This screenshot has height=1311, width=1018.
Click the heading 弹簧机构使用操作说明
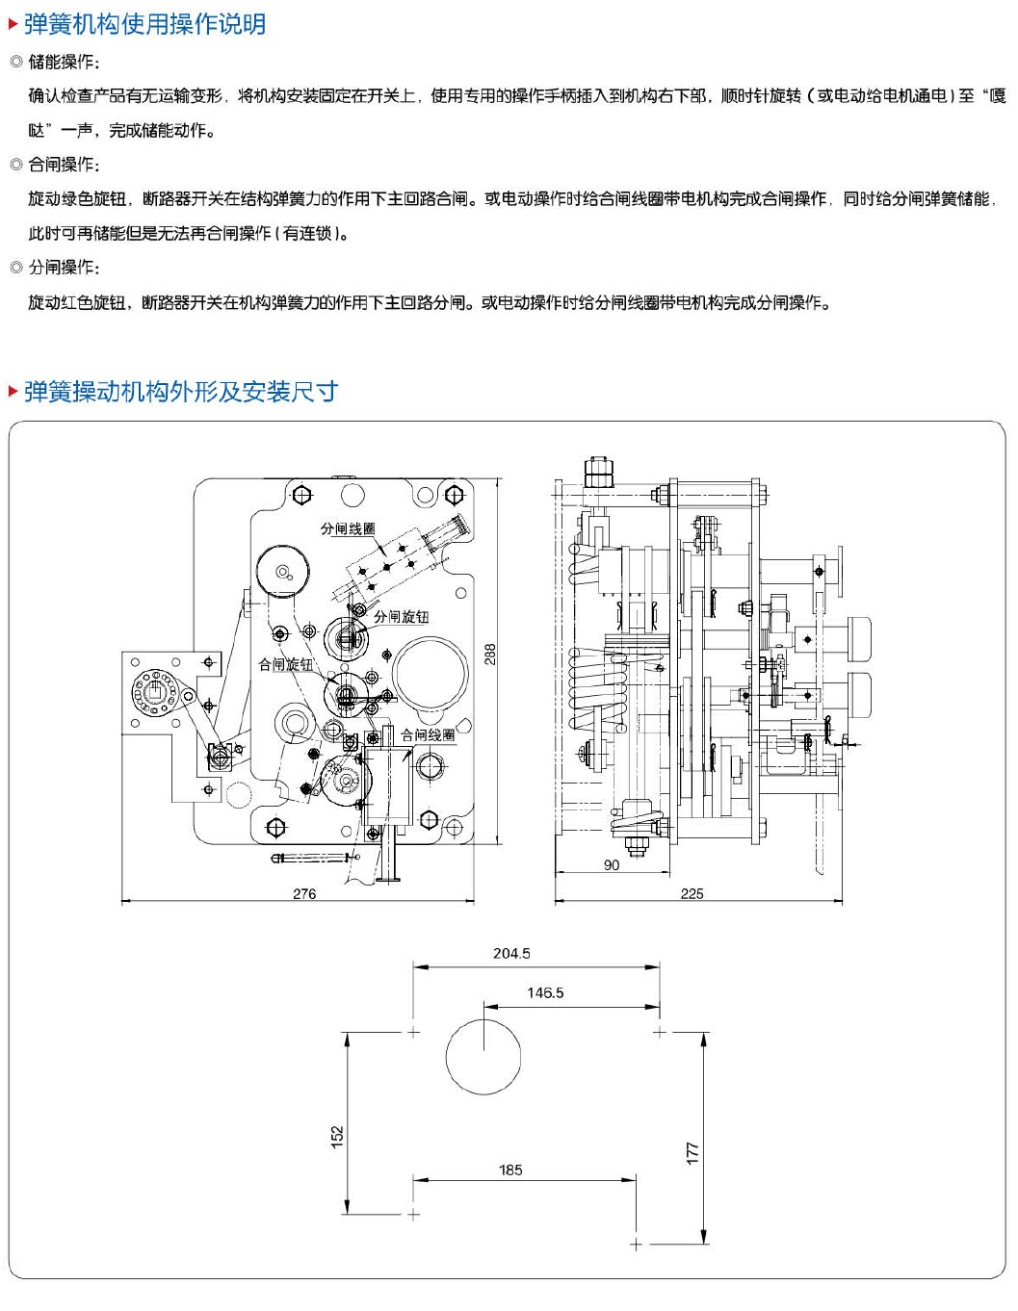tap(144, 24)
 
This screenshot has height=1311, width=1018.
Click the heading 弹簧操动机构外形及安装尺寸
tap(180, 392)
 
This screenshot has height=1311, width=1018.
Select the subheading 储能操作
tap(64, 62)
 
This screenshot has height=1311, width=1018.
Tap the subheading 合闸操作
tap(64, 165)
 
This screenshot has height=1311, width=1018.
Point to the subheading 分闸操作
tap(64, 268)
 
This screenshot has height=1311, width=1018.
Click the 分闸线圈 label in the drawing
tap(348, 528)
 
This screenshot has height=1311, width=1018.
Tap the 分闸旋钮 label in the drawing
tap(402, 616)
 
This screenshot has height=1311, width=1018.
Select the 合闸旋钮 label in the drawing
tap(285, 664)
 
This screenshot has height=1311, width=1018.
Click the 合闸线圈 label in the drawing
tap(429, 734)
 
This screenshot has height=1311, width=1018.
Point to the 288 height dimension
tap(490, 655)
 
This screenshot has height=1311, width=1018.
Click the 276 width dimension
tap(304, 893)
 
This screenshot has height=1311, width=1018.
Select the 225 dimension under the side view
tap(692, 893)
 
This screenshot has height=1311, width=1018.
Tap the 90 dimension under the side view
tap(612, 865)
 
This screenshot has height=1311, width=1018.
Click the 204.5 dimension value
tap(511, 953)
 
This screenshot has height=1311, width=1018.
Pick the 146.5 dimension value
tap(545, 992)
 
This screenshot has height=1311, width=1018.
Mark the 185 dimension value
tap(510, 1170)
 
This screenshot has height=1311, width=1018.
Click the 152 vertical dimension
tap(337, 1137)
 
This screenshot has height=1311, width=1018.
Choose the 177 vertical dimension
tap(692, 1152)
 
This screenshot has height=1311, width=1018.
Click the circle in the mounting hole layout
tap(483, 1056)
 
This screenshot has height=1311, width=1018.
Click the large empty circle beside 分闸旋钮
tap(430, 675)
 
